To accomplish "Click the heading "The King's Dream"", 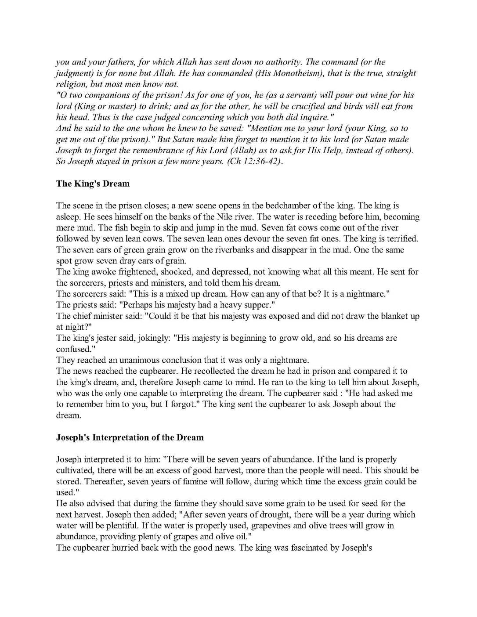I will point(93,184).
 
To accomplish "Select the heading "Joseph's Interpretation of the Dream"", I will point(130,437).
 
